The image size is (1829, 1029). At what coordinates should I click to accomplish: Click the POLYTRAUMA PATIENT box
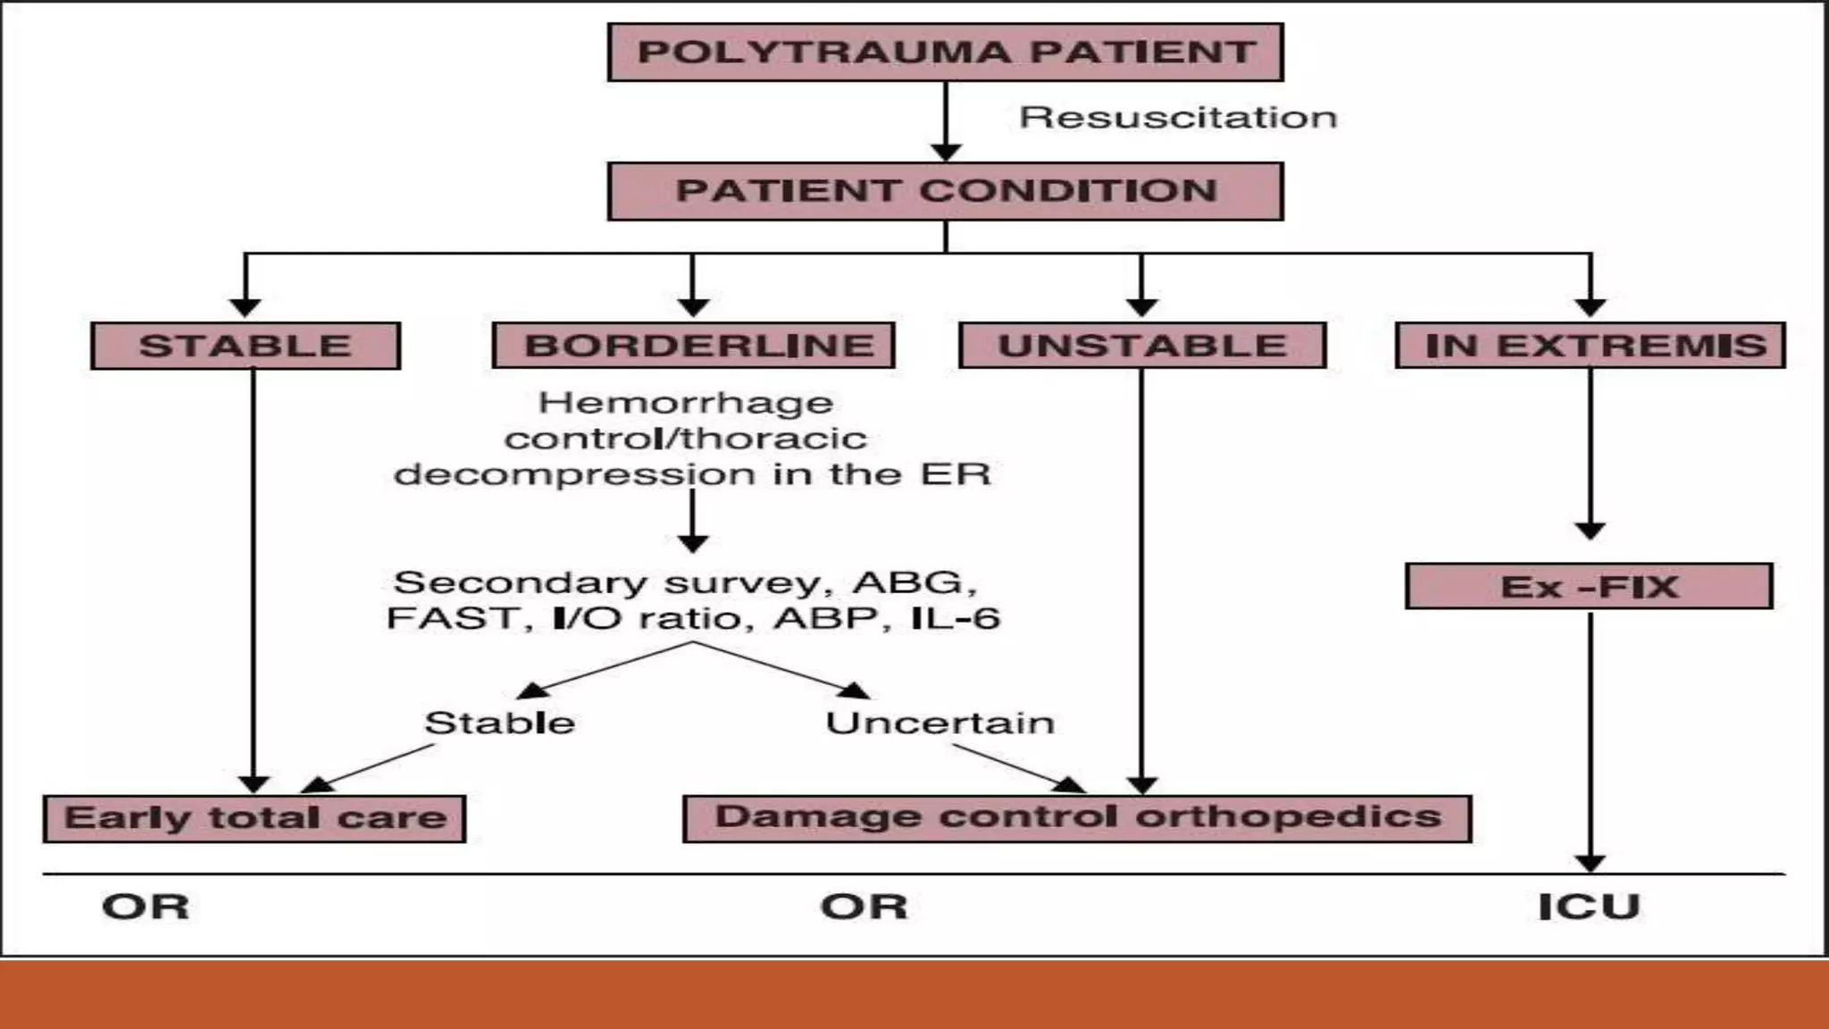coord(945,53)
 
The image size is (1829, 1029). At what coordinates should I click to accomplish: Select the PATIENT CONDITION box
coord(945,191)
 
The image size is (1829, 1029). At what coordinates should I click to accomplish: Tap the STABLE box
coord(246,346)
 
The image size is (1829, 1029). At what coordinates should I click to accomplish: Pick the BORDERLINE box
coord(694,346)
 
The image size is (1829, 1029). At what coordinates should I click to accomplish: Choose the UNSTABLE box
coord(1142,346)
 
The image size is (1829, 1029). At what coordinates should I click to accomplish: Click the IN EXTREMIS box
coord(1591,346)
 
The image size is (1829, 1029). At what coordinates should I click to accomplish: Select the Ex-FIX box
coord(1589,587)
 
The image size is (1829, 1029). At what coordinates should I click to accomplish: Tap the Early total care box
coord(255,818)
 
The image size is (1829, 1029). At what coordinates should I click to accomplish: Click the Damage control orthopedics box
coord(1077,818)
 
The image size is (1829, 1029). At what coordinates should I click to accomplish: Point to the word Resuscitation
coord(1178,117)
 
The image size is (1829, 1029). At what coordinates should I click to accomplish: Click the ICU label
coord(1589,907)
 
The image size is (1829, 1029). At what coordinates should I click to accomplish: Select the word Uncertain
coord(940,723)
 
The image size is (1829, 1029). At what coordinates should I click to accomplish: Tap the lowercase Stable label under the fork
coord(499,723)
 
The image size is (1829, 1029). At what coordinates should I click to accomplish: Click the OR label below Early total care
coord(146,907)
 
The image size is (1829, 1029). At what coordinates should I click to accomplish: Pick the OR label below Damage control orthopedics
coord(864,907)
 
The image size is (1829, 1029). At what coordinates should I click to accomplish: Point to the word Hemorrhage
coord(686,403)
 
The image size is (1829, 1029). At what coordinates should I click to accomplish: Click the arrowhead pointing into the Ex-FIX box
coord(1590,531)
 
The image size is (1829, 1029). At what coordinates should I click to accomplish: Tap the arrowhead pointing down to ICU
coord(1590,864)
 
